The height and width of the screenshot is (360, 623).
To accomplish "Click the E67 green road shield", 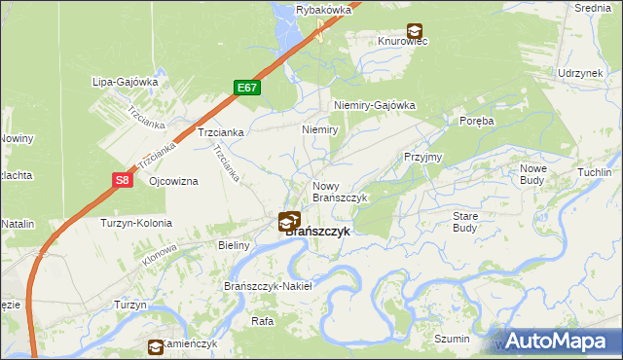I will click(247, 88).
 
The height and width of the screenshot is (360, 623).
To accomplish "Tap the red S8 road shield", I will click(121, 180).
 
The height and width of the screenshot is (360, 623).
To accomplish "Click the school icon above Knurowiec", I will click(415, 30).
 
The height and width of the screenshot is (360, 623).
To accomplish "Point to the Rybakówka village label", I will click(323, 9).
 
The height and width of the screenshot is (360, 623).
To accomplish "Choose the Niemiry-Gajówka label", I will click(374, 105).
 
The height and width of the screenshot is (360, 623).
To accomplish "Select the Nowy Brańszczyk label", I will click(339, 191).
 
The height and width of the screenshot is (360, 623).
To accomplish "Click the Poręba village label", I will click(477, 121).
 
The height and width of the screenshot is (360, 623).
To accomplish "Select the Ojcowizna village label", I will click(173, 182).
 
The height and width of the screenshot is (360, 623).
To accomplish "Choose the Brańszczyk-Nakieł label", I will click(267, 286).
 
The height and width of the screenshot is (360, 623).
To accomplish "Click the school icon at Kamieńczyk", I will click(156, 346).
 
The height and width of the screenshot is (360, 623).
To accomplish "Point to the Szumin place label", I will click(453, 339).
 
